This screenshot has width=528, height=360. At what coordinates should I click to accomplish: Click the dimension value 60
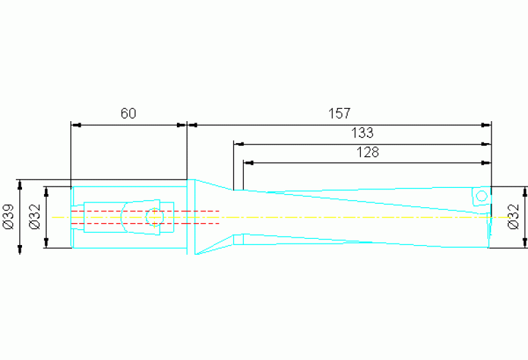[x=128, y=114]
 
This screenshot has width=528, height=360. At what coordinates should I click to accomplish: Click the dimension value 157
[x=339, y=114]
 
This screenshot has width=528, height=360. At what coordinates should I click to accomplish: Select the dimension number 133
[x=362, y=133]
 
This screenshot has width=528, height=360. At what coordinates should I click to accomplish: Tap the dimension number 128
[x=368, y=152]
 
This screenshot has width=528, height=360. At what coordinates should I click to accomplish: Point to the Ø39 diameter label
[x=9, y=217]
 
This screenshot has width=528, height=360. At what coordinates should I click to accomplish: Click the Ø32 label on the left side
[x=35, y=217]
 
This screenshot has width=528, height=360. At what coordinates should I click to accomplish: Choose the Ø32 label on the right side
[x=513, y=217]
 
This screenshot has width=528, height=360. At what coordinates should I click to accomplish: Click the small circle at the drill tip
[x=481, y=195]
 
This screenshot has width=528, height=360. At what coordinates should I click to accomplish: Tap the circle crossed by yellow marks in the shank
[x=155, y=218]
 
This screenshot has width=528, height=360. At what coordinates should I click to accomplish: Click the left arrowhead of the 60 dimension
[x=76, y=125]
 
